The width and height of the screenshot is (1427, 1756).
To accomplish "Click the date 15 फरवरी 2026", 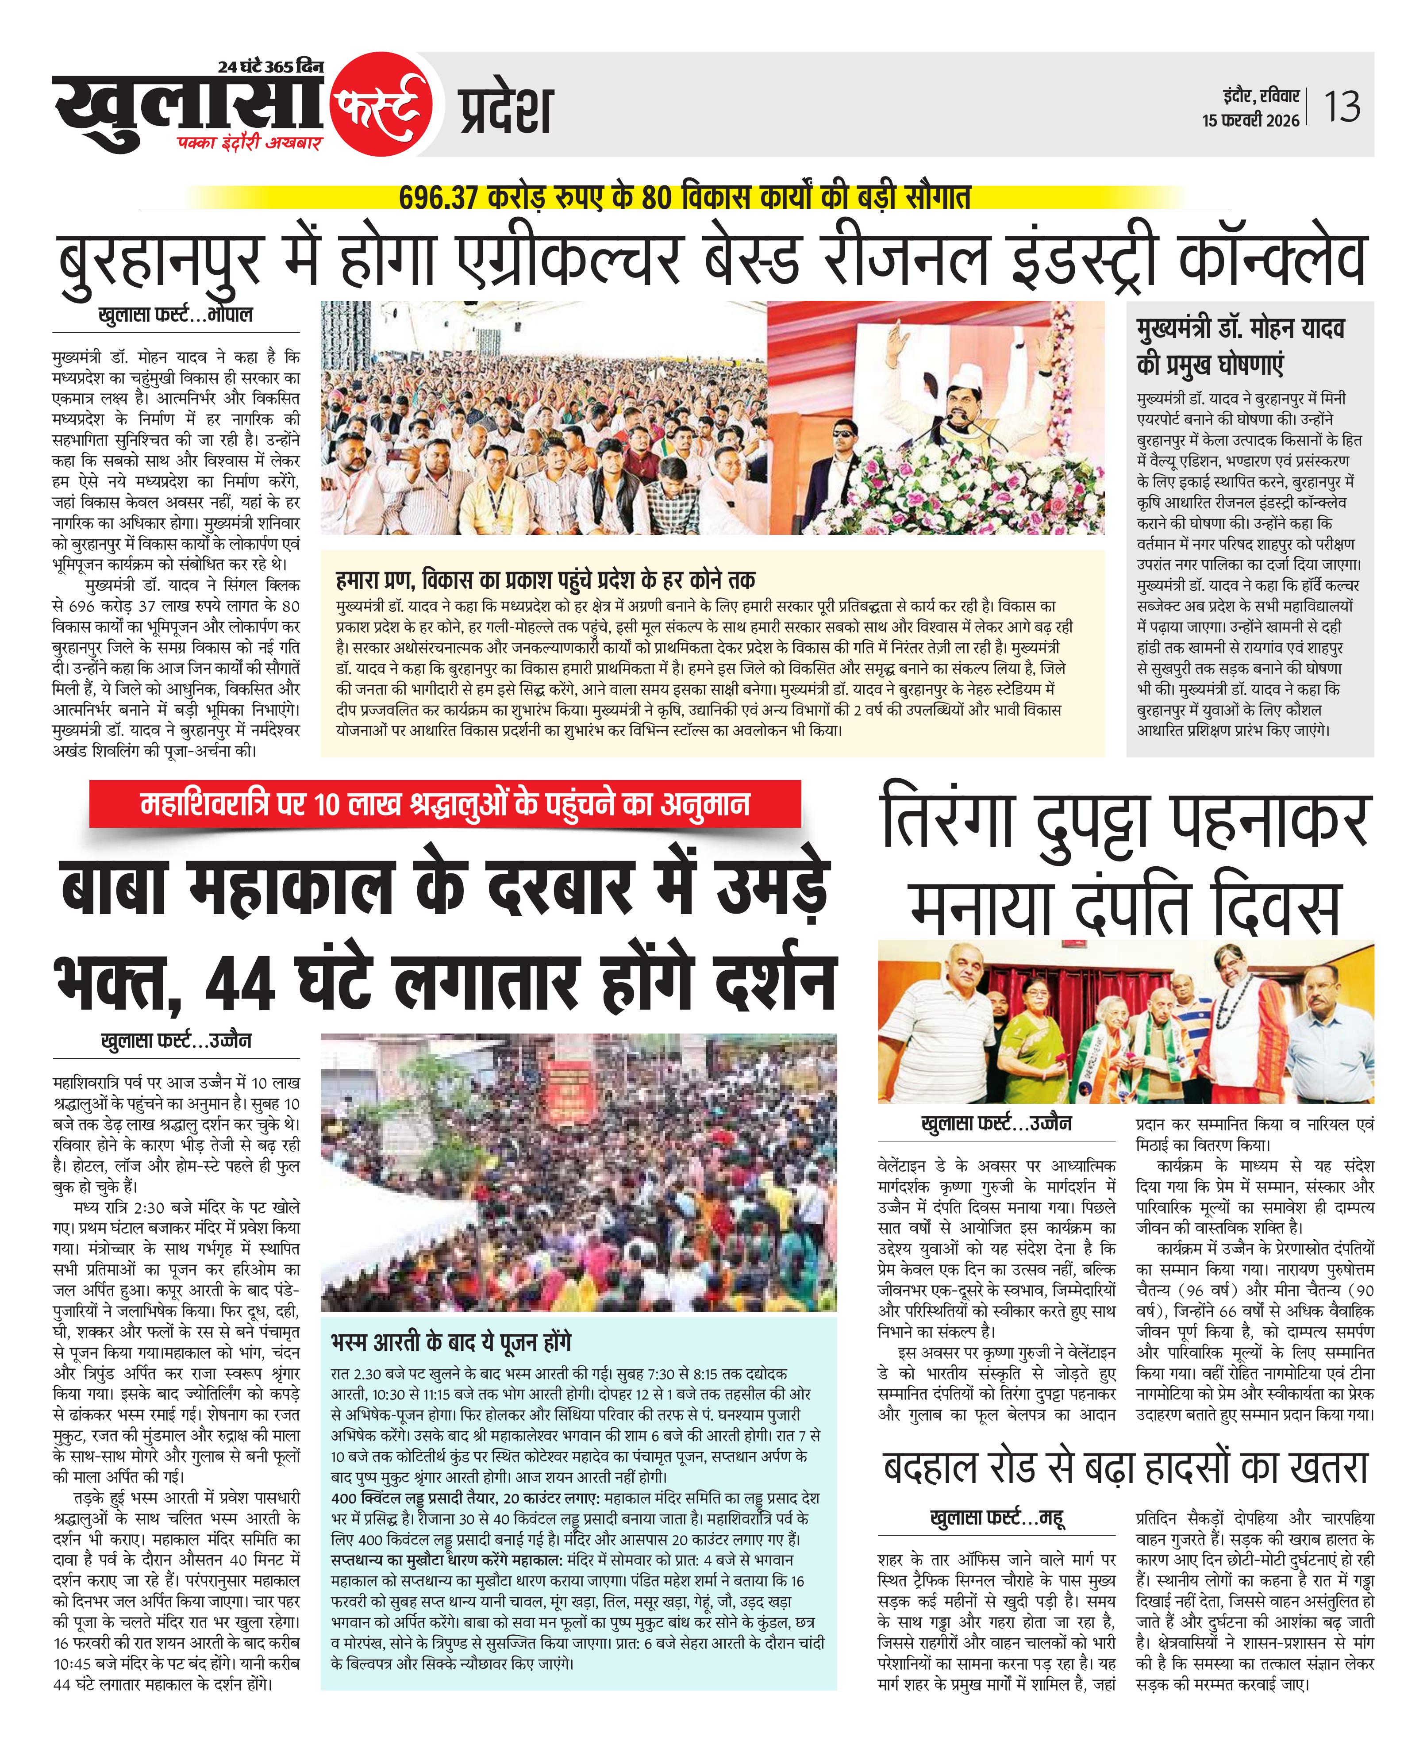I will click(x=1250, y=120).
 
